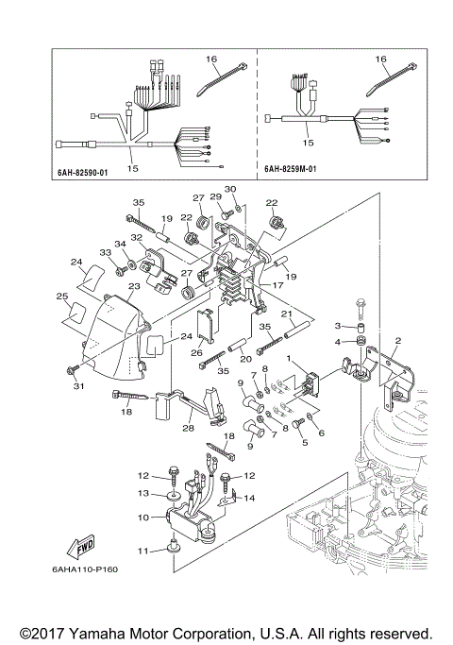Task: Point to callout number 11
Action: coord(144,551)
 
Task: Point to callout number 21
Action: coord(285,314)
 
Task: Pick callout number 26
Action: coord(196,354)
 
